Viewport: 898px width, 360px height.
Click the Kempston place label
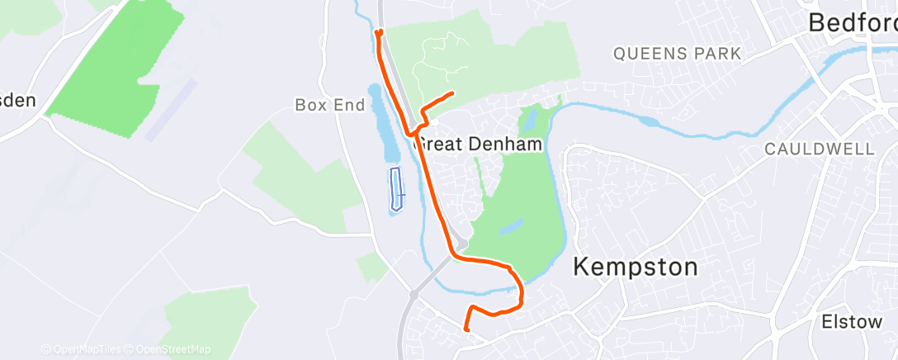pos(635,268)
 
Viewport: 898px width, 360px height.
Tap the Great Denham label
pos(479,144)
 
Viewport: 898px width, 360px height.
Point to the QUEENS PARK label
pos(677,54)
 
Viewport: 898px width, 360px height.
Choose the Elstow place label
pos(852,321)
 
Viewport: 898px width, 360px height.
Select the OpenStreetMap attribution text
pos(169,350)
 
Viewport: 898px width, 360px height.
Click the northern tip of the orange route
pos(379,33)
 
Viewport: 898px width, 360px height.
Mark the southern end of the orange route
pos(467,329)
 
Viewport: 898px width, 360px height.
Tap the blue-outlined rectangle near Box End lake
pos(397,190)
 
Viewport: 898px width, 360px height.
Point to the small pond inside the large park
pos(511,225)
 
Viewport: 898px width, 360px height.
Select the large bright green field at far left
pos(116,66)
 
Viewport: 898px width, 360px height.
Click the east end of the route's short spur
pos(453,93)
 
